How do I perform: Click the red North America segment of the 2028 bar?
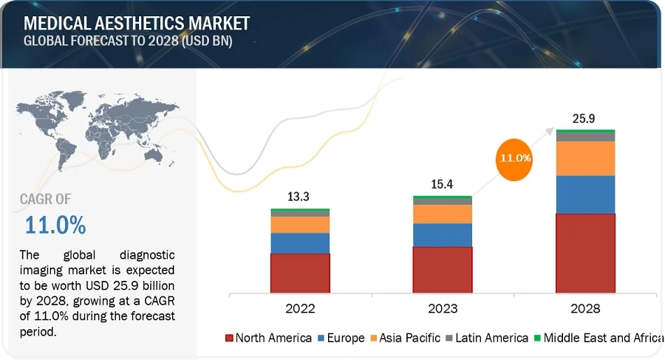coord(585,253)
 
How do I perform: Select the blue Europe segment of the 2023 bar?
coord(443,234)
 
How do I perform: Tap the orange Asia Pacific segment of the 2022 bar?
coord(300,224)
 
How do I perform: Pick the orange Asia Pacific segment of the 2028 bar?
coord(585,158)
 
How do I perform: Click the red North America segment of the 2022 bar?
coord(300,273)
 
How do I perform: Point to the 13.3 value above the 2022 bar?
coord(300,197)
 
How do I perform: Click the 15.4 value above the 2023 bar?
coord(443,184)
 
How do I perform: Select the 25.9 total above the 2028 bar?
coord(585,118)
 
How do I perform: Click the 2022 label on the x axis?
coord(300,308)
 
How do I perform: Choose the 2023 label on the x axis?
coord(443,308)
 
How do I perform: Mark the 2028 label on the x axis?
coord(585,308)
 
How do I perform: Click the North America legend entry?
coord(268,338)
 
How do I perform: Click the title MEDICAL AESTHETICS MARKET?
coord(137,23)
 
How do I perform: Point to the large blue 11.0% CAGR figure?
coord(55,224)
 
